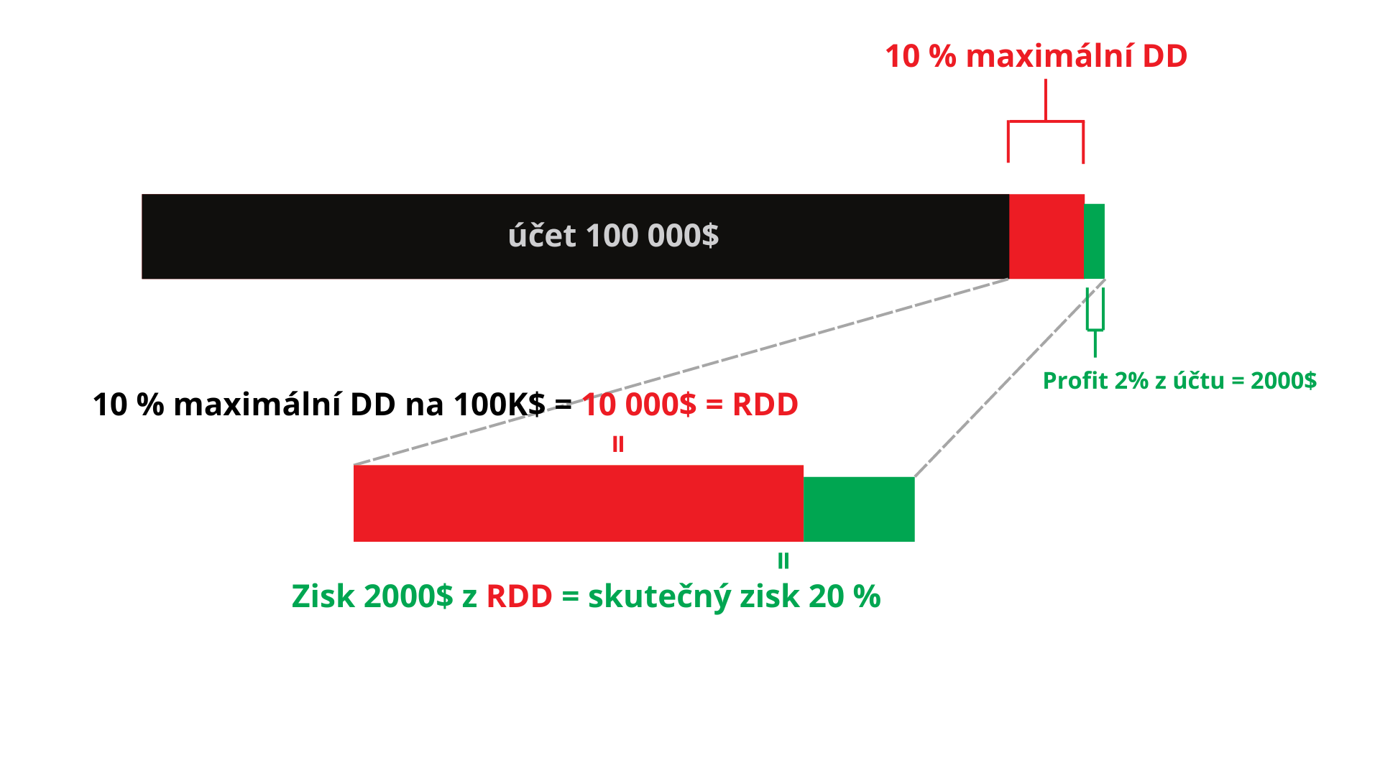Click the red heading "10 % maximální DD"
(x=1036, y=56)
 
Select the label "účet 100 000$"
(x=613, y=236)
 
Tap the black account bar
(x=575, y=236)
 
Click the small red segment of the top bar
(x=1046, y=236)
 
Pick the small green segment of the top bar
(x=1094, y=241)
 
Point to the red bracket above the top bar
(x=1046, y=121)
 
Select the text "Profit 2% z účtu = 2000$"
(x=1179, y=380)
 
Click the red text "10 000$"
(x=639, y=405)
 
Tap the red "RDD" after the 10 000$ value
(x=765, y=405)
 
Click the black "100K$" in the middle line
(x=500, y=405)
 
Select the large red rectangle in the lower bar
(x=578, y=503)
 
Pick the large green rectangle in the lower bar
(x=859, y=509)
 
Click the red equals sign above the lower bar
(x=618, y=445)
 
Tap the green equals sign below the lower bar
(x=783, y=561)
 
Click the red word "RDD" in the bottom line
(x=519, y=596)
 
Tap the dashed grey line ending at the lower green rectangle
(x=1010, y=378)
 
